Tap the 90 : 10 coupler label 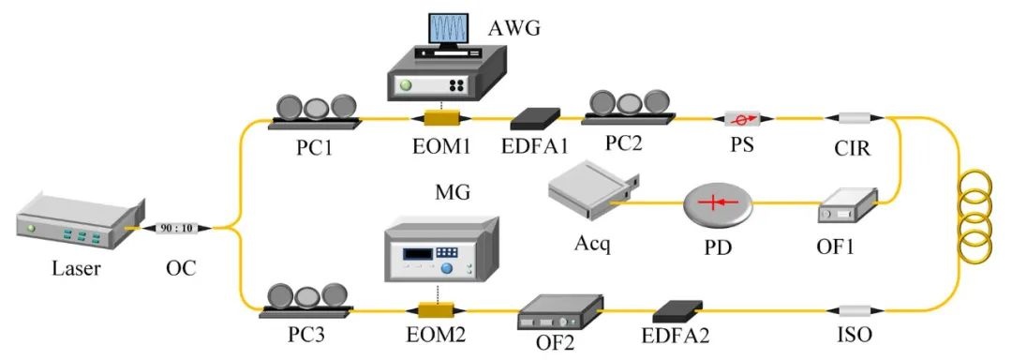tap(176, 228)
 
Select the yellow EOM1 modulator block tap(441, 118)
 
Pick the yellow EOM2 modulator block tap(436, 311)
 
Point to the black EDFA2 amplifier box tap(677, 311)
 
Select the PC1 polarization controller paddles tap(315, 111)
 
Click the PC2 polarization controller tap(629, 107)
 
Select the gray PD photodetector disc tap(719, 204)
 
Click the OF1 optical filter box tap(848, 206)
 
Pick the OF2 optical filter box tap(560, 312)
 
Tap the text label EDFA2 tap(678, 336)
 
